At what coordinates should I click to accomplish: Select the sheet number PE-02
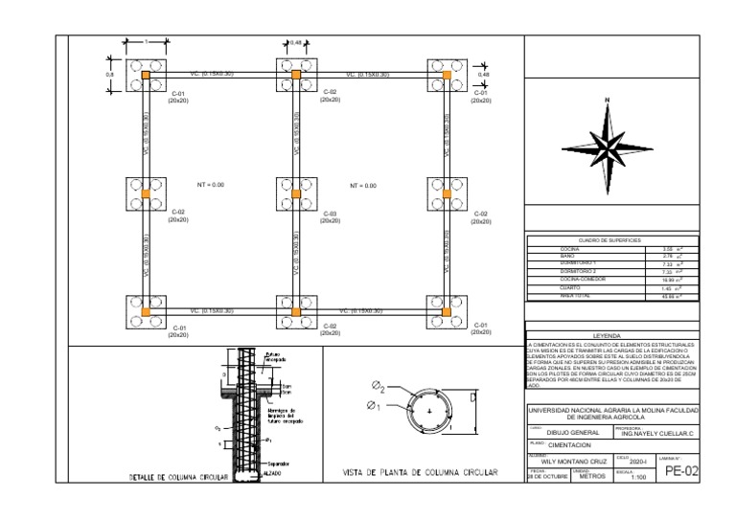click(x=681, y=471)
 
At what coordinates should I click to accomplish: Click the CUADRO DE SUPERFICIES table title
click(x=609, y=239)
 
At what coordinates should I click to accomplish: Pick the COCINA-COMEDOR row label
click(x=580, y=280)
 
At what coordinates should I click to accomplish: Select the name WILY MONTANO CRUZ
click(x=567, y=462)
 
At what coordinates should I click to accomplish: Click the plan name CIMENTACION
click(x=569, y=446)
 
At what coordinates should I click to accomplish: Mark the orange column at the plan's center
click(x=296, y=194)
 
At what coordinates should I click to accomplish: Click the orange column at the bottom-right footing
click(x=446, y=312)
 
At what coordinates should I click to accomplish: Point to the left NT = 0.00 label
click(x=210, y=185)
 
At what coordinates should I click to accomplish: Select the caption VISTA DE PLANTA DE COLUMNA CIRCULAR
click(x=421, y=472)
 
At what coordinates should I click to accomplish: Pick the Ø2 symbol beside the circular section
click(x=379, y=387)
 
